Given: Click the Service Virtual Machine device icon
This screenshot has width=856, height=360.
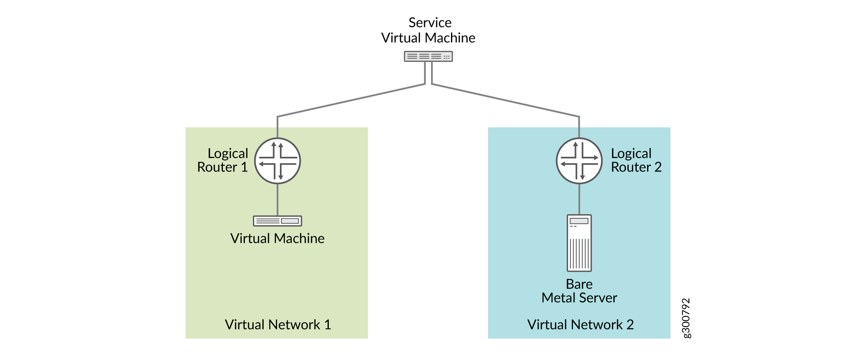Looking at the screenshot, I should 428,56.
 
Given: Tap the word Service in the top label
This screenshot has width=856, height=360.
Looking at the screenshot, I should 430,22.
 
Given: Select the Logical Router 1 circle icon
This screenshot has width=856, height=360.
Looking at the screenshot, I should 277,161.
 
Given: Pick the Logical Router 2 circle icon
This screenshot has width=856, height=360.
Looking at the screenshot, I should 579,161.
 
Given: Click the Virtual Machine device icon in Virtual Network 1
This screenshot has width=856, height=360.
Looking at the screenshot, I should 277,221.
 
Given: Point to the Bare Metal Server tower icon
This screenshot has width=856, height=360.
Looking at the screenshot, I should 579,243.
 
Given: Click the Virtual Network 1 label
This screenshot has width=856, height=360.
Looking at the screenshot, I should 277,325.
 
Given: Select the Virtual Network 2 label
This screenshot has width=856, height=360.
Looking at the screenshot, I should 580,325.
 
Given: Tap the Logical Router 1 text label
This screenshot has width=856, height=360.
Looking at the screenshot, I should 223,160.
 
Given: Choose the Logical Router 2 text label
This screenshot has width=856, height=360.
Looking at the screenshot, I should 636,160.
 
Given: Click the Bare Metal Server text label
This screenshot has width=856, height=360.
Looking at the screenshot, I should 579,291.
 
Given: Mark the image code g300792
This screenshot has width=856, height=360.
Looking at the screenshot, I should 686,318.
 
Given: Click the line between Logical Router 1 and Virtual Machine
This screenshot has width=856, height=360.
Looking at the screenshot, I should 277,200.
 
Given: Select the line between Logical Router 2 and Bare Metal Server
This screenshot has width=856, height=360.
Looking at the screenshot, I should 579,199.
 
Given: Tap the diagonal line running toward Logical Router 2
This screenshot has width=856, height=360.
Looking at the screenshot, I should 505,100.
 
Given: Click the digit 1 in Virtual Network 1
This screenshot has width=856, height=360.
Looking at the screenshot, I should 328,325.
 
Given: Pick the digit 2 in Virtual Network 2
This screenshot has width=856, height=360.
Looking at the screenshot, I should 630,325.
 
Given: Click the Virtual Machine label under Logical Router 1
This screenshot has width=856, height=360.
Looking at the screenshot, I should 277,238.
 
